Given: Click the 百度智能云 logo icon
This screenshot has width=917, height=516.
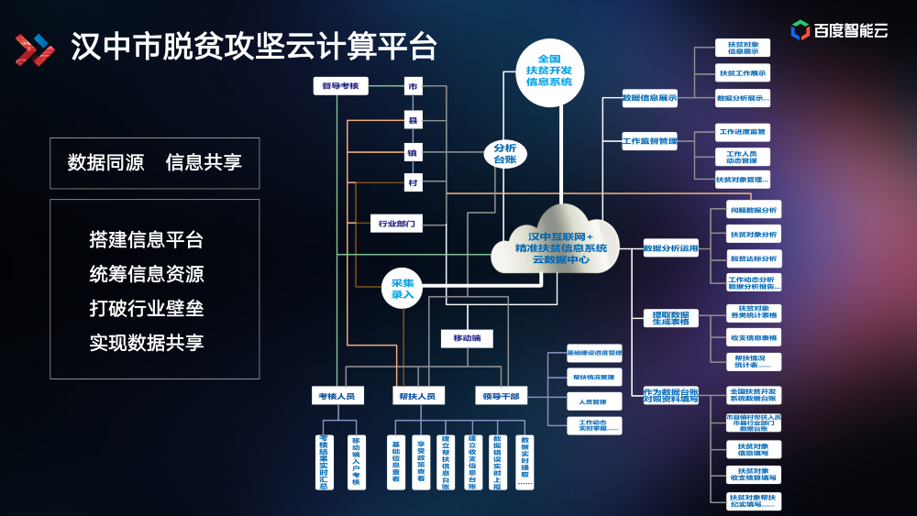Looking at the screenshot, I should point(800,31).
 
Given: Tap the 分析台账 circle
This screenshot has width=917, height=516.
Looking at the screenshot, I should point(505,153).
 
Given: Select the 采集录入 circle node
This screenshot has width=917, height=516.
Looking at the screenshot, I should point(403,289).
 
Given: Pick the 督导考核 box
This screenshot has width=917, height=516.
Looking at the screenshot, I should point(339,87).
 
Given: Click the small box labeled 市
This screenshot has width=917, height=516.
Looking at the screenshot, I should point(414,87).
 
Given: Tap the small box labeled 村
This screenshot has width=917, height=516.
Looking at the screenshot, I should point(414,183).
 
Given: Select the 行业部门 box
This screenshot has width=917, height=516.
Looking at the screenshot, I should point(397,223).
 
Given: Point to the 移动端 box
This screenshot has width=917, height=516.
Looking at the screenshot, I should point(467,338).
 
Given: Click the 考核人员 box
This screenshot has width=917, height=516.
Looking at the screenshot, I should point(338,396).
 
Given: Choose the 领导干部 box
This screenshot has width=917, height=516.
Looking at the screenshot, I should point(501,396).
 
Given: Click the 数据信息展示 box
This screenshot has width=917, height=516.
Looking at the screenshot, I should point(649,97).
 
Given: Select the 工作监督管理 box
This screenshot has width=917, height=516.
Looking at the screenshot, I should point(649,141).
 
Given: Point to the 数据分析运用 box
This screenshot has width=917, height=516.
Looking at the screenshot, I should point(670,248).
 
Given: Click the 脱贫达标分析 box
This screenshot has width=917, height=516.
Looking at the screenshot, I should point(753,258).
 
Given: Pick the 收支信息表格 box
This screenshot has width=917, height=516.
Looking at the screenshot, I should point(753,338).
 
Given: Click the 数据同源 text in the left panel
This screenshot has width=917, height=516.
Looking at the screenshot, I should point(105,163).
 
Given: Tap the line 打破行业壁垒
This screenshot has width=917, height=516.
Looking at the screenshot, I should point(147,308).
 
